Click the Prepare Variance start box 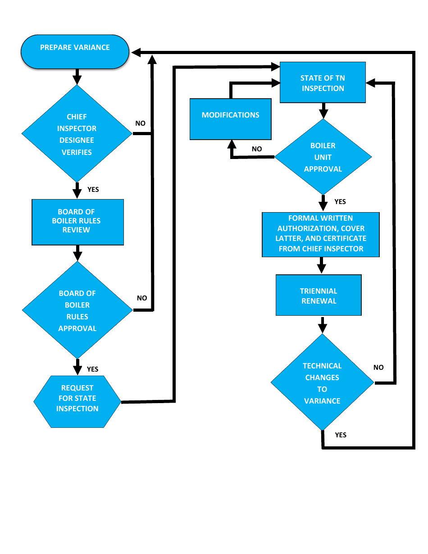(75, 52)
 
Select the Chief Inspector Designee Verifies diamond (77, 134)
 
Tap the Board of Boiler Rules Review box (77, 222)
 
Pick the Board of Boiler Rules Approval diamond (77, 310)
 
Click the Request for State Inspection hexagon (77, 399)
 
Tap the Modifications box (230, 119)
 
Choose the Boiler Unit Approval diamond (323, 157)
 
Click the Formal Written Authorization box (321, 234)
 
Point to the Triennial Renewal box (319, 295)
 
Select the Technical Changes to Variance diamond (322, 383)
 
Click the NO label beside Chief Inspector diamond (141, 123)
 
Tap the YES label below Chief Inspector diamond (93, 190)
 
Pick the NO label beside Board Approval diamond (142, 298)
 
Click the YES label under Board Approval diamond (92, 369)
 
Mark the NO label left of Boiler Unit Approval (257, 149)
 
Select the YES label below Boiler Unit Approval (340, 202)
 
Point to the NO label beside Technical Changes (378, 368)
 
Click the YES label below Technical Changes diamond (341, 435)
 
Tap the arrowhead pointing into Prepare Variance (136, 53)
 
